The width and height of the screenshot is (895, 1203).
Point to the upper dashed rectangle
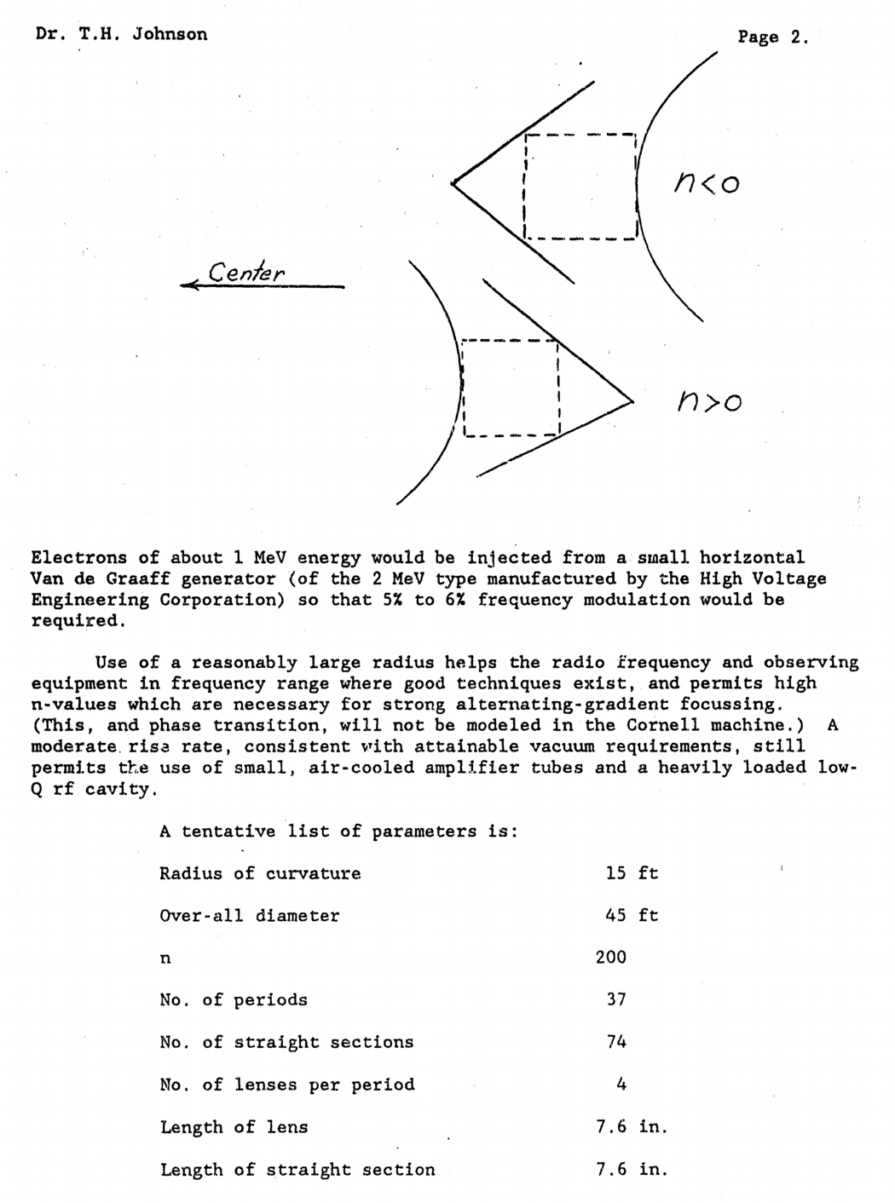pos(580,187)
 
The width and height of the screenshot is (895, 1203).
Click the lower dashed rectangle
pos(510,389)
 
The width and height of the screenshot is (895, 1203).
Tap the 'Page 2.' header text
pos(772,37)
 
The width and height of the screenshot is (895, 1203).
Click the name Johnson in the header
pos(170,34)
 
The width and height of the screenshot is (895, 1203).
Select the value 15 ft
pos(632,873)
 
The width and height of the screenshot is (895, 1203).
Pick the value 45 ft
pos(632,916)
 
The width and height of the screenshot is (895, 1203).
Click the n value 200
pos(611,957)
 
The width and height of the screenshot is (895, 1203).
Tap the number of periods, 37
pos(616,999)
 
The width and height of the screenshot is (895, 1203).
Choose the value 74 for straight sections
pos(616,1042)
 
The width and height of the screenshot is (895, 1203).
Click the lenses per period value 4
pos(621,1085)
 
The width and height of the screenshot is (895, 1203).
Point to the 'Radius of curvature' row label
pos(260,873)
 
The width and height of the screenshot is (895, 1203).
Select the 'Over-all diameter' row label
pos(250,916)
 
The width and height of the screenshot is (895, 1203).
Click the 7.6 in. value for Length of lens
pos(632,1126)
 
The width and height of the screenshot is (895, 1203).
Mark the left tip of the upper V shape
pos(453,182)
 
